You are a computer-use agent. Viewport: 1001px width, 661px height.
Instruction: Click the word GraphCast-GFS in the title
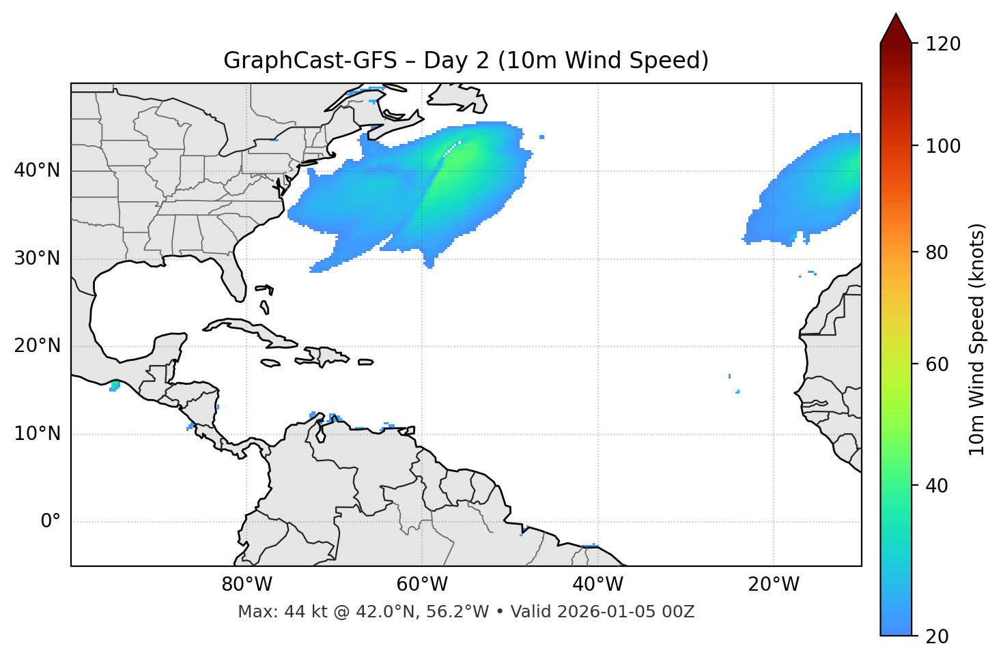(x=310, y=61)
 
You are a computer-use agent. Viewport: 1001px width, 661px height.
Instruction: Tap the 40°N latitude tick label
(x=37, y=171)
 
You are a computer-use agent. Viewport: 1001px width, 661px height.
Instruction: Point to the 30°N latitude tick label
(x=37, y=259)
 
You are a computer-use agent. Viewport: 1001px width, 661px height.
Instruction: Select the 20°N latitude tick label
(x=37, y=346)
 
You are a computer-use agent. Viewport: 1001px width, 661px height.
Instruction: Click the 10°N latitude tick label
(x=37, y=434)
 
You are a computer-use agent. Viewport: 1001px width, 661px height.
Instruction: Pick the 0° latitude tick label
(x=51, y=522)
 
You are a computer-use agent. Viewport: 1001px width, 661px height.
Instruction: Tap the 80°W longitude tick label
(x=246, y=585)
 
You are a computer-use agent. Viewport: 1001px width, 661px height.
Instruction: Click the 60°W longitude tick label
(x=422, y=585)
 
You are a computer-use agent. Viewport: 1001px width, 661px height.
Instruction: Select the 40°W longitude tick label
(x=597, y=585)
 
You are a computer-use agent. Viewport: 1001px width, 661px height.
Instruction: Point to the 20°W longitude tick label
(x=774, y=585)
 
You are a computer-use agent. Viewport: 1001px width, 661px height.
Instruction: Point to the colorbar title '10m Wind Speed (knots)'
(x=977, y=340)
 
